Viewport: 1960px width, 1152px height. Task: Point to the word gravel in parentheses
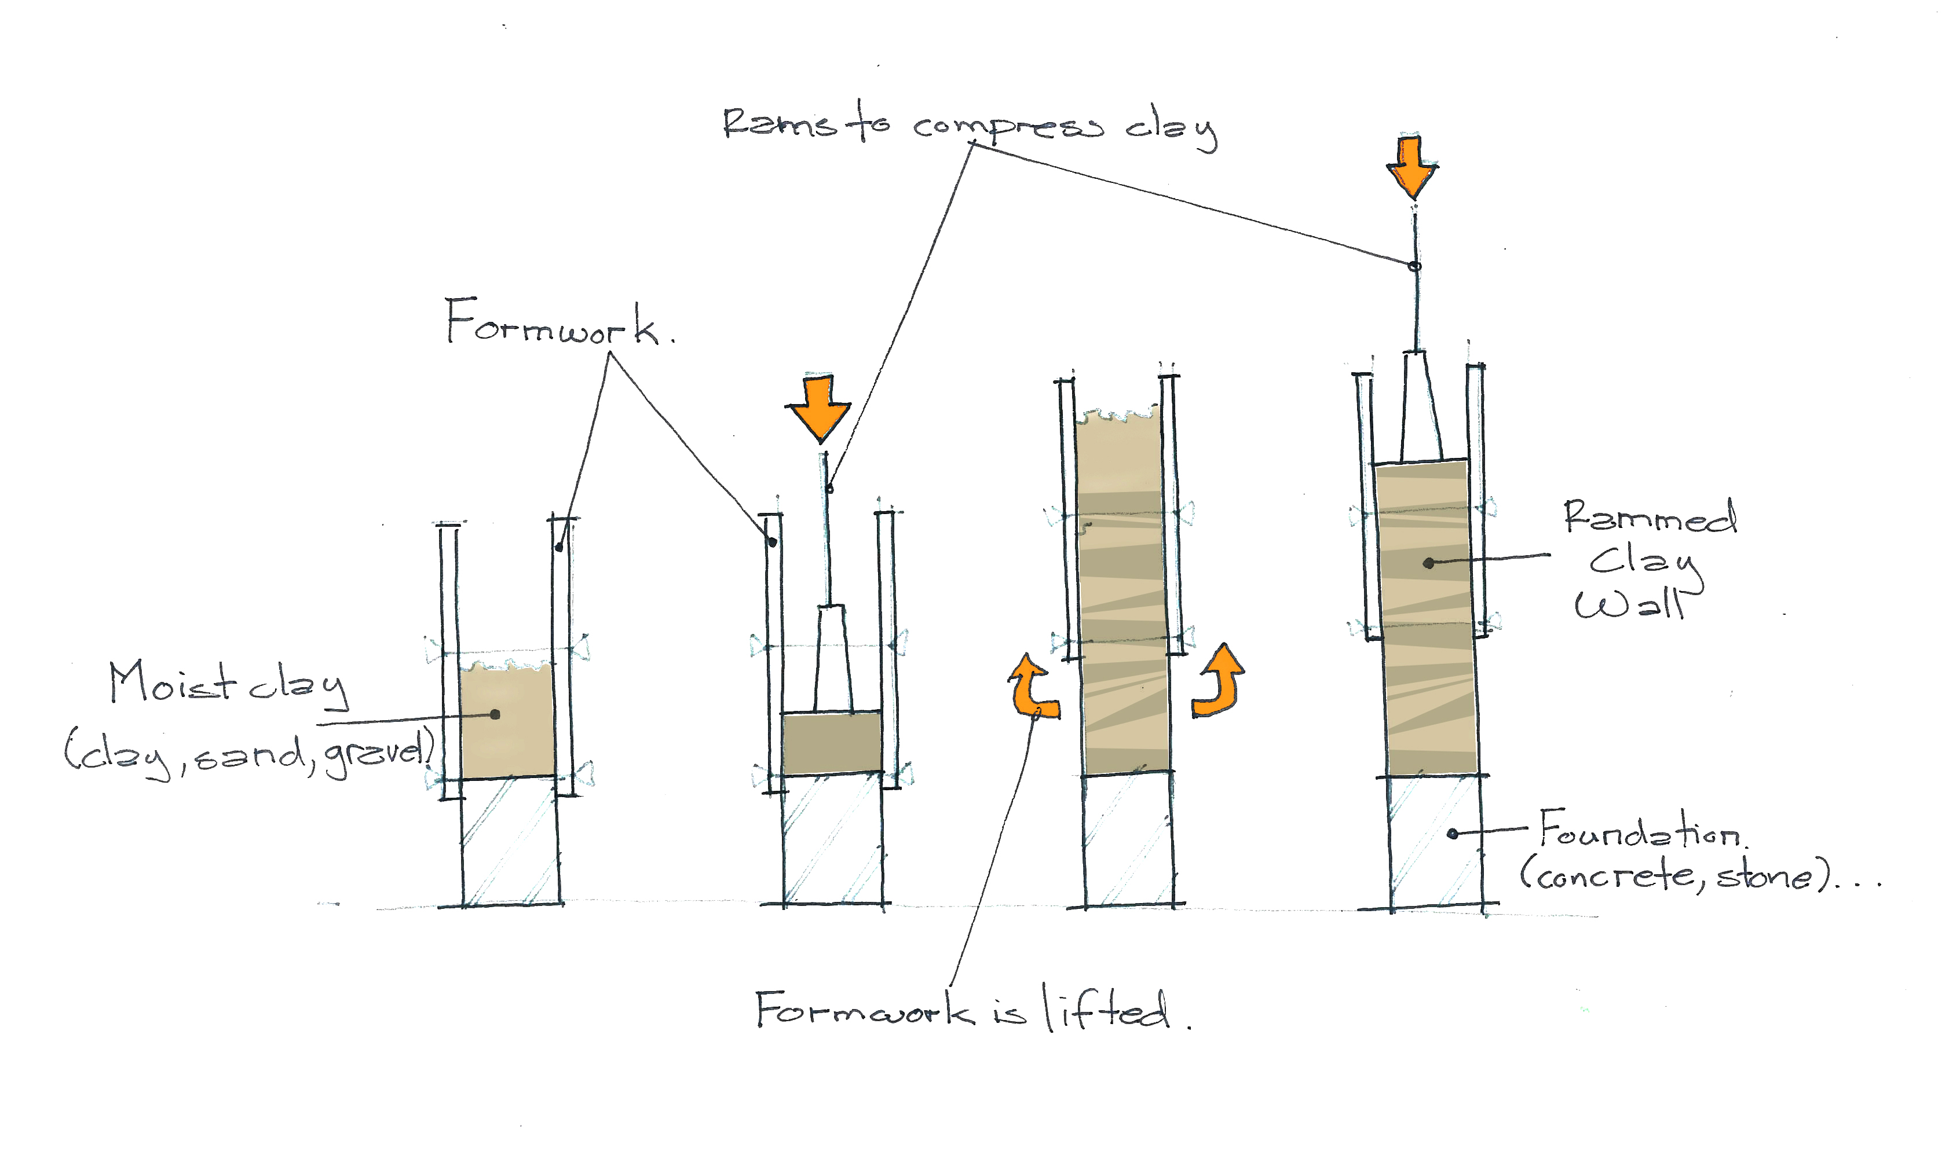(377, 754)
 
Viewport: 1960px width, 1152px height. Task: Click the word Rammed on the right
(1649, 518)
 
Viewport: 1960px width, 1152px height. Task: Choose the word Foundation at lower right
(1641, 832)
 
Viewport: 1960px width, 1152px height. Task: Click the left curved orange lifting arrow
(1033, 687)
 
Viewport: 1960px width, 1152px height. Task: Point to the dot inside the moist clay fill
(495, 714)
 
